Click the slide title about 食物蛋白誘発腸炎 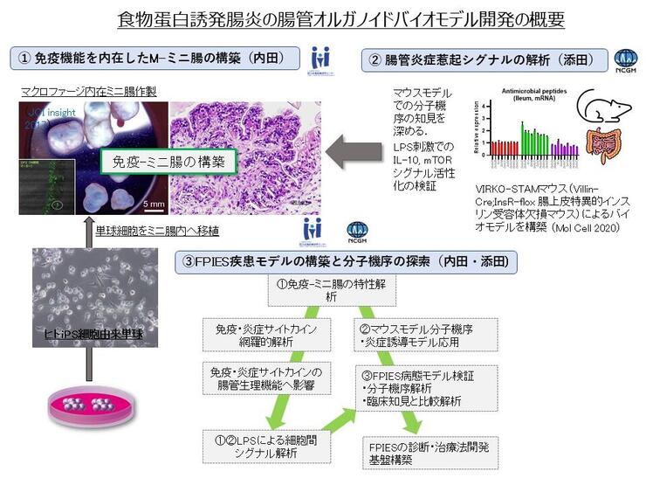point(322,19)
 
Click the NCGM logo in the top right point(626,59)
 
